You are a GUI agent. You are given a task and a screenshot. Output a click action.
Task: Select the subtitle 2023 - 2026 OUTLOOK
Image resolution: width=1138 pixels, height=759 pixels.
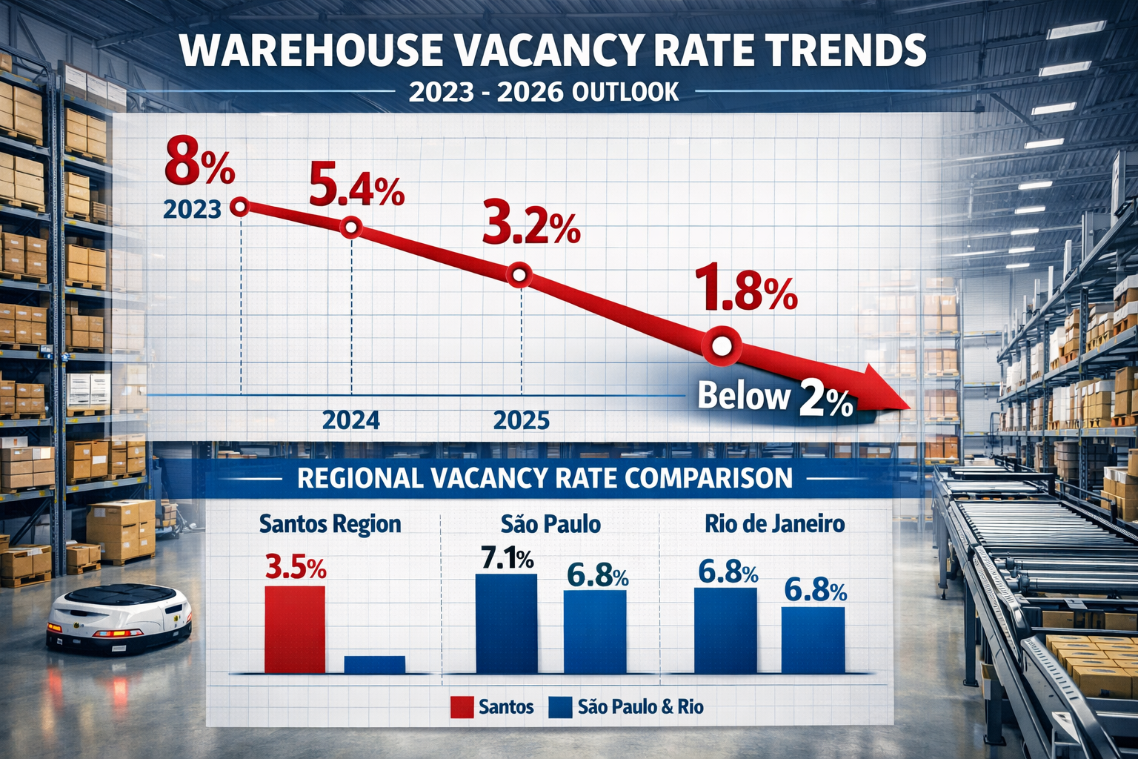pyautogui.click(x=543, y=91)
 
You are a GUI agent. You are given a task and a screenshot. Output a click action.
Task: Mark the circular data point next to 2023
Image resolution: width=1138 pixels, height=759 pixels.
pyautogui.click(x=239, y=207)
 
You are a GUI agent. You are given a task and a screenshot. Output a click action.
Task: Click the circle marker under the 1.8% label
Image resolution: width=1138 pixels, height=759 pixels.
pyautogui.click(x=722, y=346)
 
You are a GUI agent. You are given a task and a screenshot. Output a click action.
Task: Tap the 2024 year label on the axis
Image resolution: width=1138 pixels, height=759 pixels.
pyautogui.click(x=350, y=420)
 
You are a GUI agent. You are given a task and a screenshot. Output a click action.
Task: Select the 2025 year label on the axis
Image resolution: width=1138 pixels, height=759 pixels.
pyautogui.click(x=522, y=420)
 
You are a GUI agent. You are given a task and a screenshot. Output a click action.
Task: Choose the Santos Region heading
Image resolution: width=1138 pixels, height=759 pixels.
pyautogui.click(x=330, y=524)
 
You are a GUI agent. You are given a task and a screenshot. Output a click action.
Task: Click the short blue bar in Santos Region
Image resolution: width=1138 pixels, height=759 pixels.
pyautogui.click(x=375, y=664)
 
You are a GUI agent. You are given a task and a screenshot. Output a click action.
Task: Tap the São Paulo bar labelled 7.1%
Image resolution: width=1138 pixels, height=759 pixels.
pyautogui.click(x=506, y=623)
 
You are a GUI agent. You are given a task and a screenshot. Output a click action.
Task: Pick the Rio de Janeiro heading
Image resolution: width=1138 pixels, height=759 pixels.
pyautogui.click(x=774, y=524)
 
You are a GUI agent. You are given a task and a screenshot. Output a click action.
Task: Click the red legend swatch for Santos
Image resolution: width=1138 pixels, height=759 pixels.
pyautogui.click(x=462, y=707)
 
